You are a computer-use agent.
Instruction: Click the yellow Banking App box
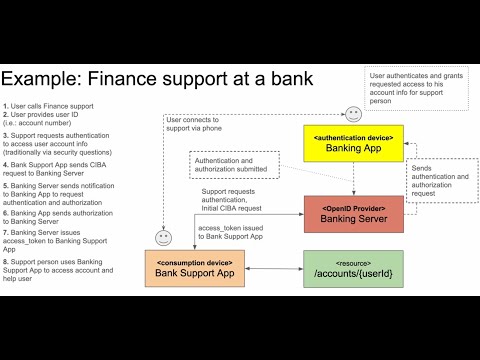(x=353, y=143)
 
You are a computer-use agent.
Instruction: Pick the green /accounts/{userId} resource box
(x=353, y=269)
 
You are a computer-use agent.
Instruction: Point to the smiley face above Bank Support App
(x=163, y=238)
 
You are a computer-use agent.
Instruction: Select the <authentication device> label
(x=353, y=135)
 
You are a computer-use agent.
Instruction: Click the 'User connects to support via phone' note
(x=197, y=125)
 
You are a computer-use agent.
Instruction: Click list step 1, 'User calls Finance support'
(x=50, y=106)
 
